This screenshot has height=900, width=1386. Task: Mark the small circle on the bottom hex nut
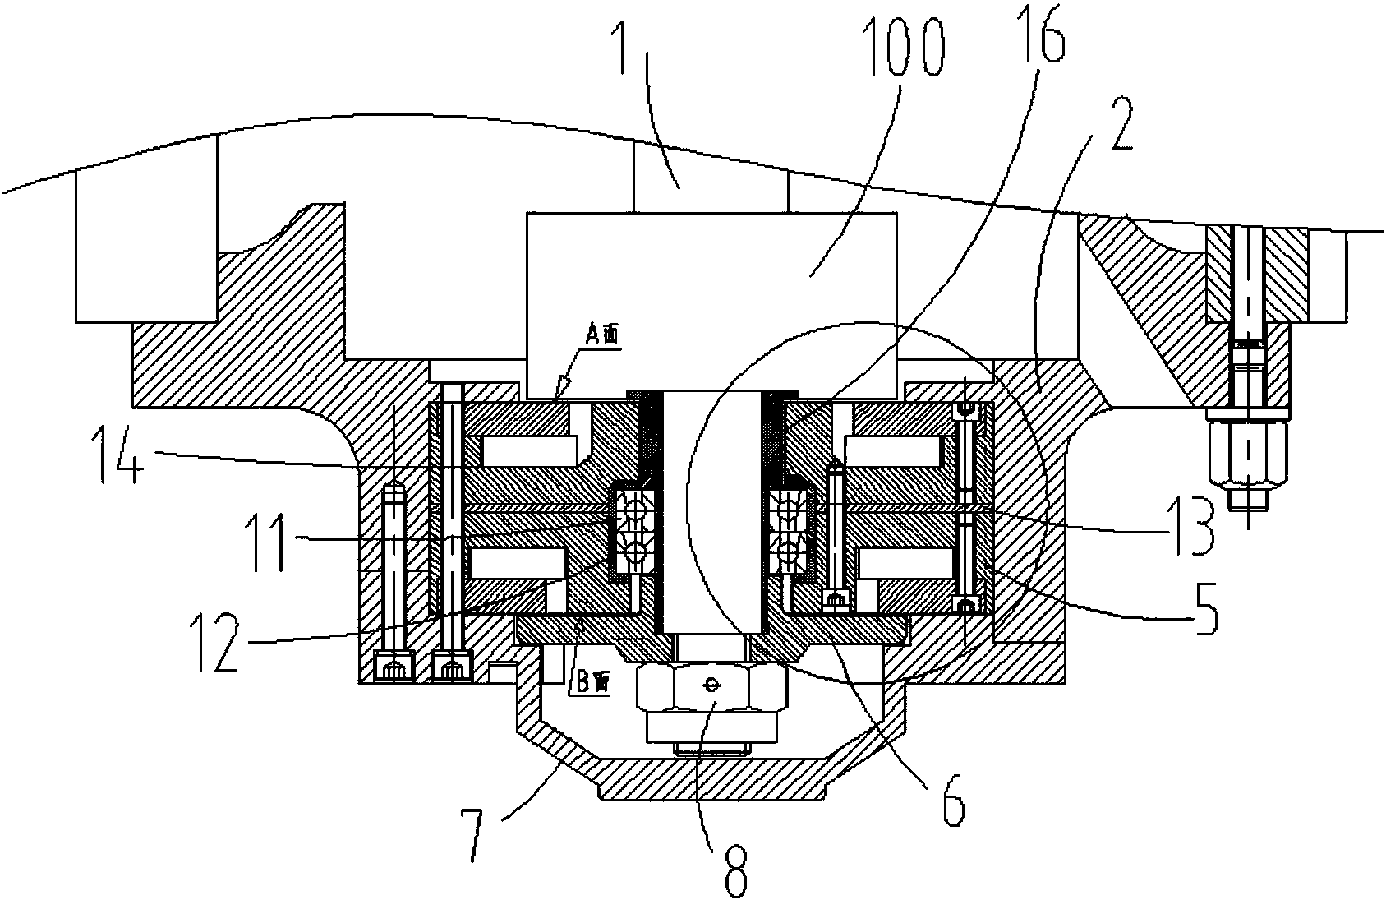(711, 684)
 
